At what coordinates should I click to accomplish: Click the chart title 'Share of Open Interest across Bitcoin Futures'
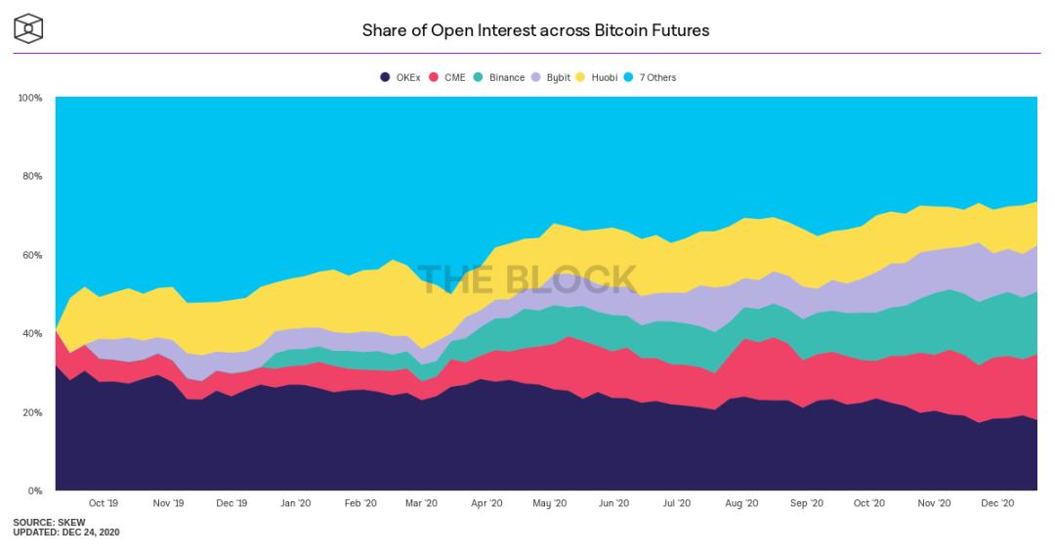pos(535,30)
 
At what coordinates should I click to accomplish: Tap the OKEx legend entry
pos(400,77)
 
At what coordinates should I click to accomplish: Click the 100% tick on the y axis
pos(29,98)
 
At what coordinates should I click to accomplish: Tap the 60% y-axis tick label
pos(31,255)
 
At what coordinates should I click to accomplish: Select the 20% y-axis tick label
pos(31,412)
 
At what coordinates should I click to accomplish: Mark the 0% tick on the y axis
pos(34,490)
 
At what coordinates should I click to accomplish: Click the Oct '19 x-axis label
pos(104,503)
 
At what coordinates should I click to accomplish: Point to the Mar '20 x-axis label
pos(421,503)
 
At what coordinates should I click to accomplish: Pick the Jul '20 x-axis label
pos(676,503)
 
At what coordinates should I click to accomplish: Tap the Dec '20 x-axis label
pos(997,503)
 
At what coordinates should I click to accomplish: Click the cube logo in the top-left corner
pos(30,28)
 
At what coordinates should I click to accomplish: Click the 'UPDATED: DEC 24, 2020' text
pos(65,533)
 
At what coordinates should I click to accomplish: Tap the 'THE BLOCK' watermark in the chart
pos(527,279)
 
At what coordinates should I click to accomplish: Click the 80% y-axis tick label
pos(31,177)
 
